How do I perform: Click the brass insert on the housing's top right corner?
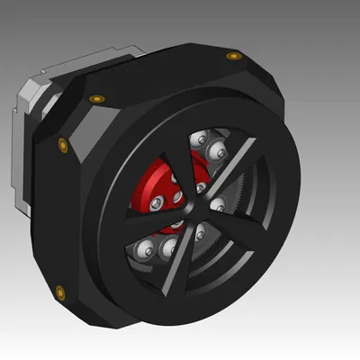pyautogui.click(x=234, y=56)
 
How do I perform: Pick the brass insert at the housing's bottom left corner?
pyautogui.click(x=60, y=290)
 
